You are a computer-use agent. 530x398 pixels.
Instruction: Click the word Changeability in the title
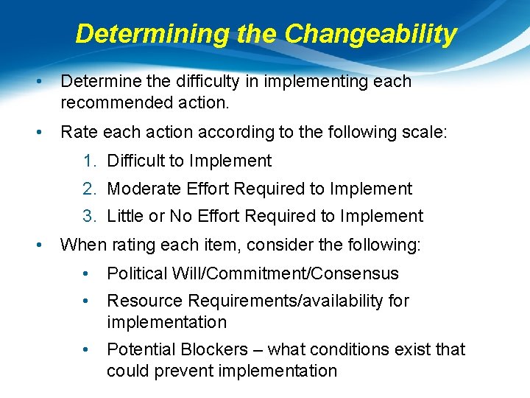tap(370, 34)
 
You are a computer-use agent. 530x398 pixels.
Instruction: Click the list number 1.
tap(89, 161)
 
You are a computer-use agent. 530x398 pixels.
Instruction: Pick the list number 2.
tap(89, 189)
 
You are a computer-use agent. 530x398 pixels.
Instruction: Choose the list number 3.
tap(89, 216)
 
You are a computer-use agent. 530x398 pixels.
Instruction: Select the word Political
tap(137, 273)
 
